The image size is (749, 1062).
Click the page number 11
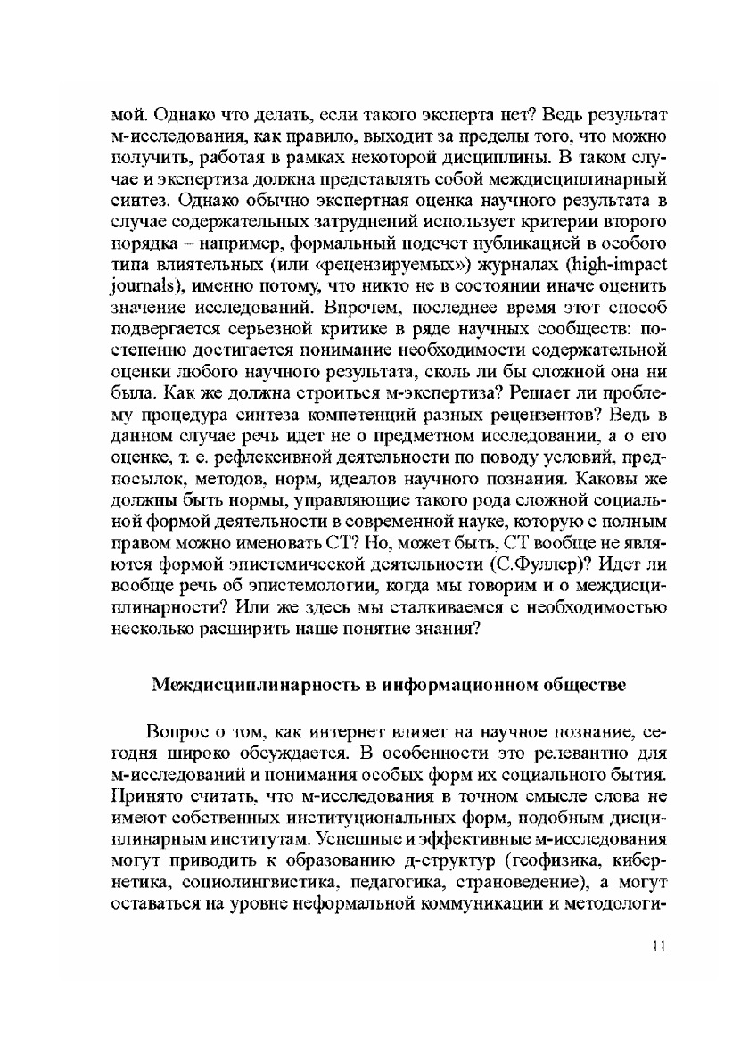[659, 947]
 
